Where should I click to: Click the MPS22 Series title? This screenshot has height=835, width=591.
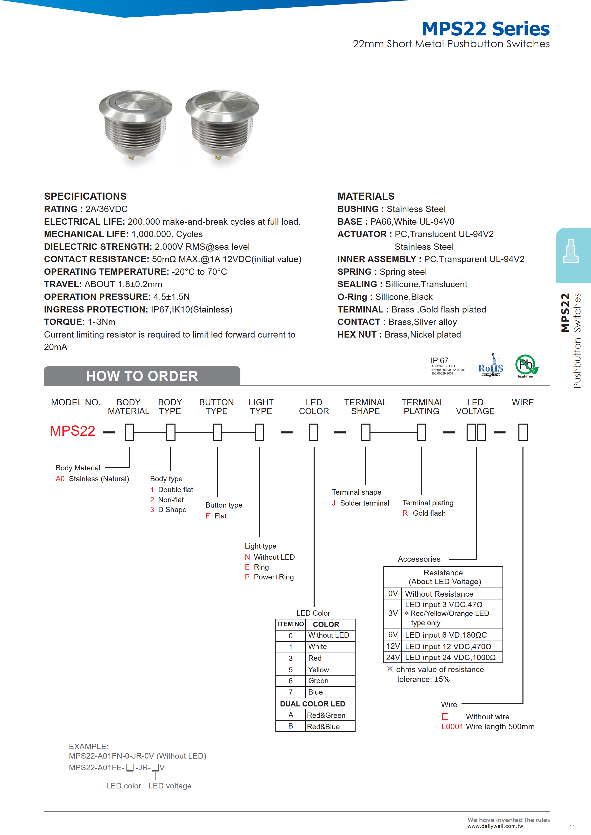pyautogui.click(x=486, y=29)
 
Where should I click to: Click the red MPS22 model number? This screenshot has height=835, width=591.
pyautogui.click(x=72, y=431)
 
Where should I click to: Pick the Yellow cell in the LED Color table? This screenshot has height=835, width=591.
pyautogui.click(x=318, y=670)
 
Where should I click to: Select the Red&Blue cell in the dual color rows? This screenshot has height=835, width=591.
pyautogui.click(x=323, y=726)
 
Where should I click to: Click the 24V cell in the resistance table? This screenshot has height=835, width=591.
pyautogui.click(x=393, y=657)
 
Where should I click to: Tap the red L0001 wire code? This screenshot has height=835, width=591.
pyautogui.click(x=452, y=726)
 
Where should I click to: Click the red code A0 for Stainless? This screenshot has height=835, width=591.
pyautogui.click(x=60, y=479)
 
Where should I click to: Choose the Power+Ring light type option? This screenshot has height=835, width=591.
pyautogui.click(x=273, y=577)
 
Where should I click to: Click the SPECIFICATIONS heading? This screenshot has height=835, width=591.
pyautogui.click(x=85, y=196)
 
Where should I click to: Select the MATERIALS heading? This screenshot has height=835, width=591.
pyautogui.click(x=366, y=196)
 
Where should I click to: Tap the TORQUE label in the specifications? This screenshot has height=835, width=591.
pyautogui.click(x=64, y=322)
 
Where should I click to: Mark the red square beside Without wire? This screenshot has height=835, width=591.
pyautogui.click(x=445, y=717)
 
